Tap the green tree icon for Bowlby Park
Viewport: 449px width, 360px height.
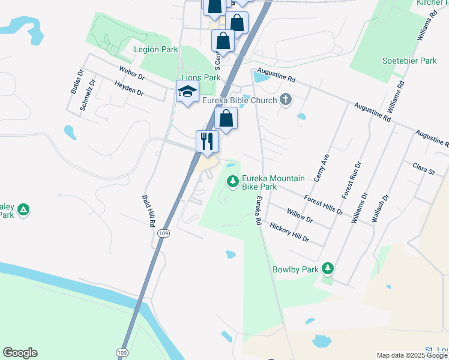[x=327, y=268]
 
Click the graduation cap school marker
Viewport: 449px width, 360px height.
[x=187, y=92]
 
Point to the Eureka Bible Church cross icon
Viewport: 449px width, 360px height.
[x=286, y=100]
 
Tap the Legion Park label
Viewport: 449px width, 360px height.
[x=156, y=49]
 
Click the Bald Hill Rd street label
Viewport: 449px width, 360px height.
[x=148, y=210]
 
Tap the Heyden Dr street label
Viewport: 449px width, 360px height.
[x=128, y=88]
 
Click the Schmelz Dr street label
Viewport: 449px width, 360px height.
[x=88, y=95]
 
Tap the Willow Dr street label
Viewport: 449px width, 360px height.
[x=300, y=215]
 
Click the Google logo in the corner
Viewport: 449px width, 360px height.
[x=20, y=353]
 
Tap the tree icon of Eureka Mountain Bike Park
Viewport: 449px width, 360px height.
[x=232, y=180]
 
